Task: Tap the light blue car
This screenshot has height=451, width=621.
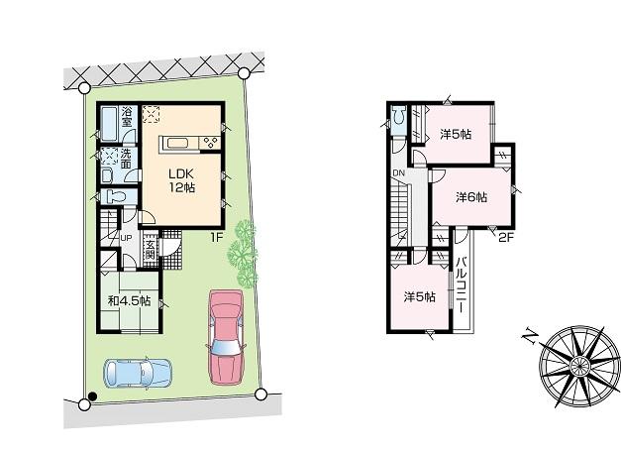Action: (137, 373)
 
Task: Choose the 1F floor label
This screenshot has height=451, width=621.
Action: (214, 238)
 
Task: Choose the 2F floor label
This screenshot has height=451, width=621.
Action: (506, 237)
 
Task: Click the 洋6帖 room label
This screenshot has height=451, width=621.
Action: (471, 197)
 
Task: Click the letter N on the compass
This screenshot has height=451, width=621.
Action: (528, 335)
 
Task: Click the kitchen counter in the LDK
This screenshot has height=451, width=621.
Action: (189, 143)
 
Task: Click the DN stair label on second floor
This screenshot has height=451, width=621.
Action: (397, 175)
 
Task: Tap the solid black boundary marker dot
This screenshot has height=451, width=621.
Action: (92, 397)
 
